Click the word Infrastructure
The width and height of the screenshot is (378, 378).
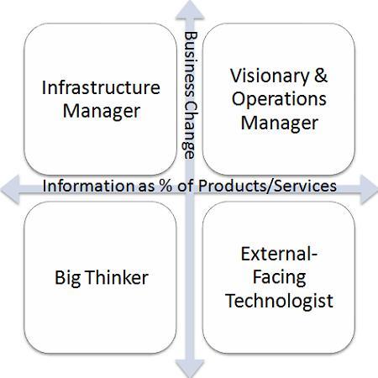(101, 87)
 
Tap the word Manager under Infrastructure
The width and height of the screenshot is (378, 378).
(102, 113)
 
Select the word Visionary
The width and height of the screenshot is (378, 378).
(270, 76)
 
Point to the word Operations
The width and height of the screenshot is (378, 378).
(279, 99)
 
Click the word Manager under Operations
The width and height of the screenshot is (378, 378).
(280, 123)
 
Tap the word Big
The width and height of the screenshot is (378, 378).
(67, 279)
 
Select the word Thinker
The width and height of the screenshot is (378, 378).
(117, 277)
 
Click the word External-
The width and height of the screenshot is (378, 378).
(279, 254)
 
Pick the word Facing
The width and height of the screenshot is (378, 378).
(279, 278)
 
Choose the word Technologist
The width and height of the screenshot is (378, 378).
(279, 302)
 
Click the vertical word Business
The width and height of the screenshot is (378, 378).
(191, 65)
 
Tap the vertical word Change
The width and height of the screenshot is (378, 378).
(190, 130)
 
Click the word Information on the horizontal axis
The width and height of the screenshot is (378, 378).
(88, 186)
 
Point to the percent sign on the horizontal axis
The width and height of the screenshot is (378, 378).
(166, 186)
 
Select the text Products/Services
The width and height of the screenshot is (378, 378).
(267, 186)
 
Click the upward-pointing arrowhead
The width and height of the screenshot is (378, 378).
(190, 10)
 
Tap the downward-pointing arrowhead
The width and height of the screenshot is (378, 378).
(190, 368)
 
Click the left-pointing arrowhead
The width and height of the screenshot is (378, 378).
(10, 190)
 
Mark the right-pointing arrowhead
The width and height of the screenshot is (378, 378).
(369, 190)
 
